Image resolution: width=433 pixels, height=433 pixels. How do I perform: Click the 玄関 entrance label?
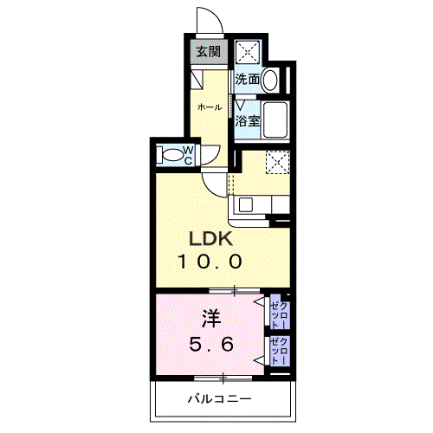[209, 52]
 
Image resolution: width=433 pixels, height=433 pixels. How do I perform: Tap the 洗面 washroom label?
[248, 79]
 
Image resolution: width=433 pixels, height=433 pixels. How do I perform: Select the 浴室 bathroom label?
[248, 121]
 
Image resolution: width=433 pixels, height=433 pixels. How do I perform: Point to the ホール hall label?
[210, 107]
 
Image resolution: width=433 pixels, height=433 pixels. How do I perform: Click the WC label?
[188, 156]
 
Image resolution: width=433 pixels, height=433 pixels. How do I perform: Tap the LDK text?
[210, 239]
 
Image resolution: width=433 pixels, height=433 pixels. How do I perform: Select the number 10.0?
[210, 262]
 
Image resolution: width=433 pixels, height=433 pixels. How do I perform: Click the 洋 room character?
[211, 319]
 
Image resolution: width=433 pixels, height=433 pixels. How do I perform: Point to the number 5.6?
[211, 345]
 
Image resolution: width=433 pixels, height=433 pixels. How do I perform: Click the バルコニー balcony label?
[220, 399]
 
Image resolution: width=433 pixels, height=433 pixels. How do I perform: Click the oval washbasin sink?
[270, 80]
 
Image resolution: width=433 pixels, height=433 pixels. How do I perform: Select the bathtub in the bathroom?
[275, 120]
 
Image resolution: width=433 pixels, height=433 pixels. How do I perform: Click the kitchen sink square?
[246, 205]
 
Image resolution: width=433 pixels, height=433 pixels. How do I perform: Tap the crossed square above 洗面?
[248, 53]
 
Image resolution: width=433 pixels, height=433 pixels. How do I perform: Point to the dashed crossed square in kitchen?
[278, 163]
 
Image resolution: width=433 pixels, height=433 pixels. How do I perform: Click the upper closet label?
[280, 315]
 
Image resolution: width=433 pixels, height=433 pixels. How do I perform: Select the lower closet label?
[280, 352]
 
